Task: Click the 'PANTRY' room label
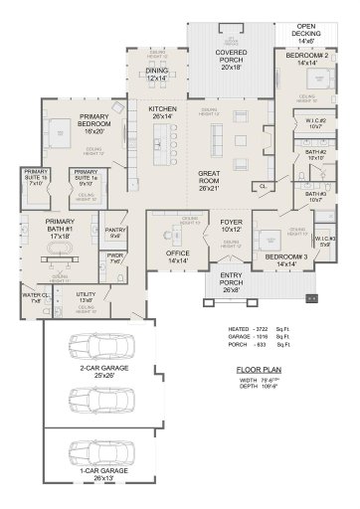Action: click(x=114, y=233)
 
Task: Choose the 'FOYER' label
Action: click(x=231, y=227)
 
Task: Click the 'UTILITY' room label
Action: click(x=86, y=297)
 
